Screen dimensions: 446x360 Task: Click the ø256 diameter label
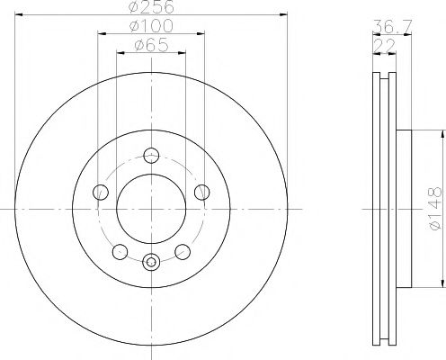(x=151, y=6)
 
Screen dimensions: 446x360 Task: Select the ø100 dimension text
(x=151, y=26)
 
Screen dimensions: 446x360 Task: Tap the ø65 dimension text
(x=151, y=45)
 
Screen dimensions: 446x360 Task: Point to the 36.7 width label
(x=392, y=27)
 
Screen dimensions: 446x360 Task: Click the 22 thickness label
(x=385, y=46)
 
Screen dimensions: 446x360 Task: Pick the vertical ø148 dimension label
(x=435, y=209)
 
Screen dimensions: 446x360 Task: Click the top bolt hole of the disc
(x=151, y=156)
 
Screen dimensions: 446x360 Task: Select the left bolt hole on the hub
(x=101, y=193)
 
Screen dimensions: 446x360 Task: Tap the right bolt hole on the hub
(x=201, y=193)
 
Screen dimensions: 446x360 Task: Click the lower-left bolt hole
(x=120, y=252)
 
